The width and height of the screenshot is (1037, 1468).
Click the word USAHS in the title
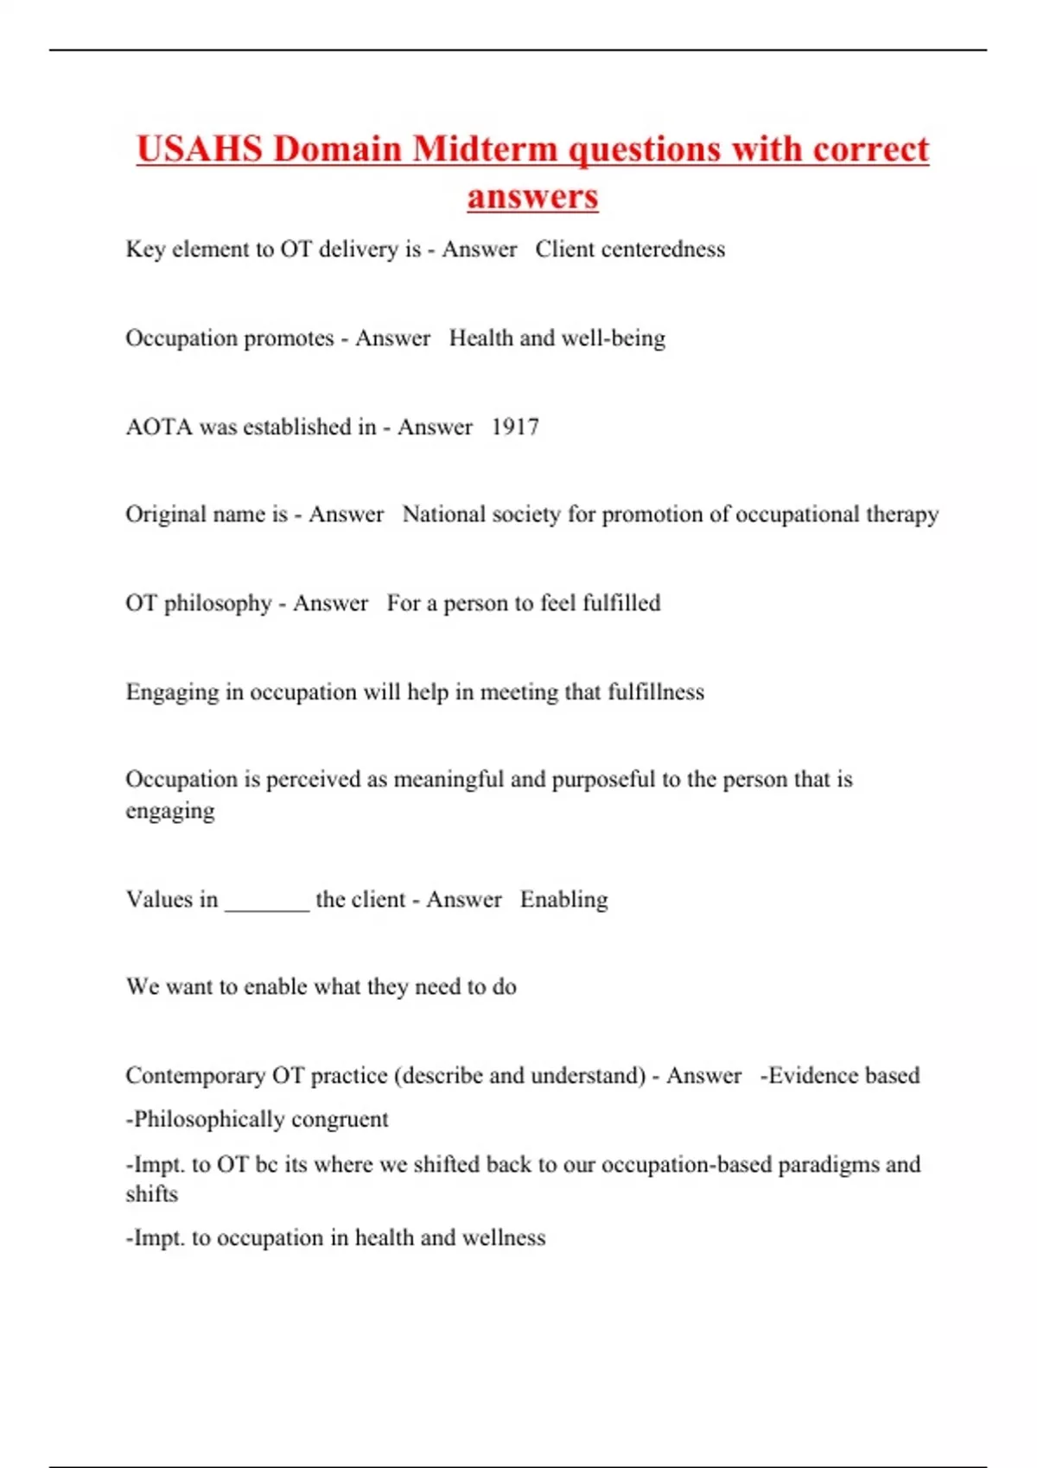(200, 149)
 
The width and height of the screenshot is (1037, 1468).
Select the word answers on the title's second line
(532, 196)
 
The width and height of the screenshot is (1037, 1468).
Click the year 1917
(515, 427)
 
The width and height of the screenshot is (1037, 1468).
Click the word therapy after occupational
(902, 515)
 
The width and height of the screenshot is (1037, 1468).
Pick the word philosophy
(218, 604)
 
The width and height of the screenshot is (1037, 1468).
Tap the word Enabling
(564, 900)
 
